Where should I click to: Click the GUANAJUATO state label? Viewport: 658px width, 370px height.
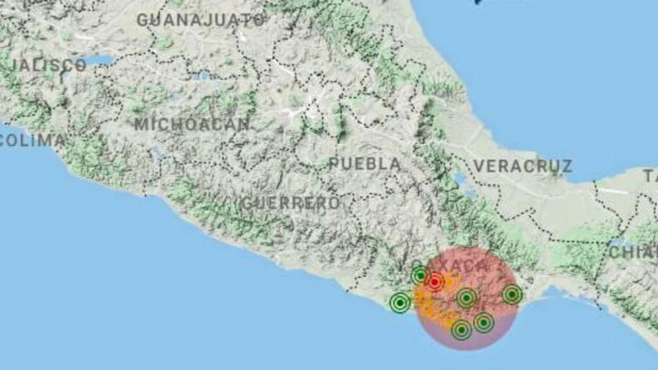pos(200,18)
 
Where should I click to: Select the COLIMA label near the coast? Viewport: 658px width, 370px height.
pos(31,140)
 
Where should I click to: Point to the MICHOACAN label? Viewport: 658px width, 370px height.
pos(192,124)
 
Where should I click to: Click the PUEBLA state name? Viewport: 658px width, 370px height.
pos(364,163)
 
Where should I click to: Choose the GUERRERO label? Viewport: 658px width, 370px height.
pos(290,203)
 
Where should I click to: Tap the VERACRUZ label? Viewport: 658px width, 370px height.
pos(523,165)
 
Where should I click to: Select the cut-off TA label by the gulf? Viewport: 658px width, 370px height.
pos(649,175)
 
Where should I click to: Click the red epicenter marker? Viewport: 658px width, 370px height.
pos(434,282)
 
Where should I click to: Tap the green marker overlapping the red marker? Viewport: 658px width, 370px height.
pos(420,275)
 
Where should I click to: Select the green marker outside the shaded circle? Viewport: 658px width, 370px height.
pos(399,302)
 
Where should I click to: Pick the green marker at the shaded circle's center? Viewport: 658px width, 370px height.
pos(466,298)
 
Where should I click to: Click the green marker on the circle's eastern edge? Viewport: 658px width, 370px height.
pos(511,295)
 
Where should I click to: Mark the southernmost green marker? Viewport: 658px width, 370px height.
pos(461,329)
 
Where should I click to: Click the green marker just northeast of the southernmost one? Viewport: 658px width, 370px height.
pos(483,322)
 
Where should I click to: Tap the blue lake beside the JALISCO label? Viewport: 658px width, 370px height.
pos(99,61)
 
